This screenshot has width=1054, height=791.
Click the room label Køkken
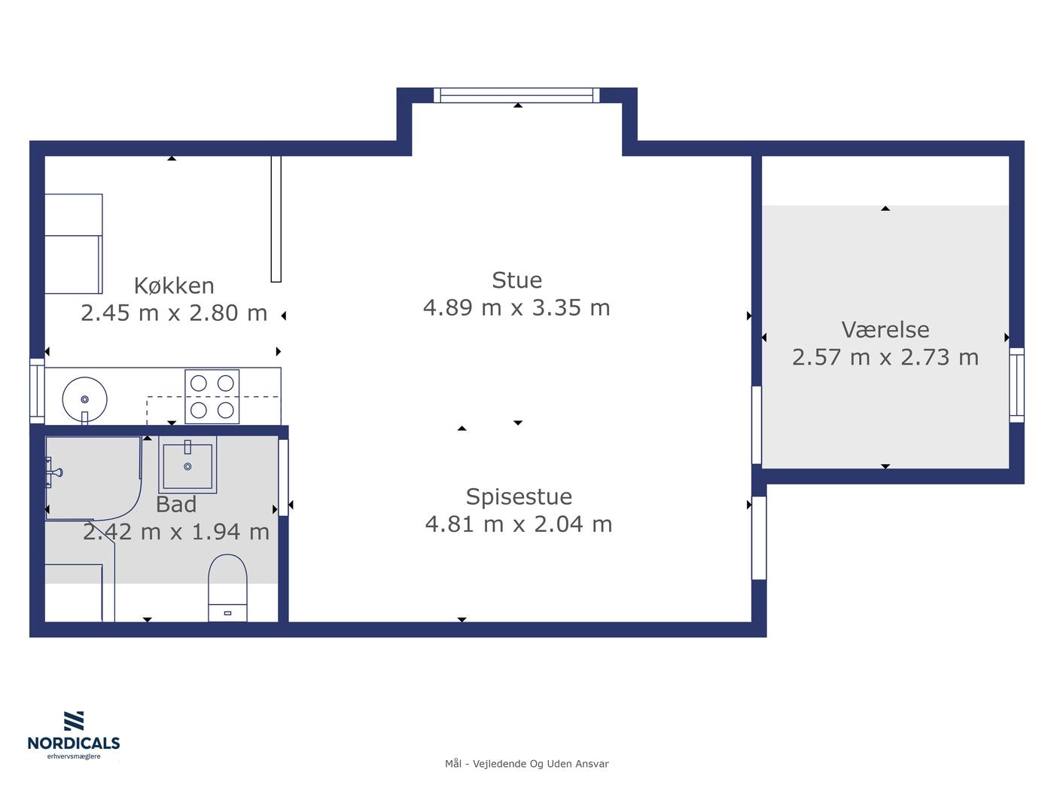coord(174,286)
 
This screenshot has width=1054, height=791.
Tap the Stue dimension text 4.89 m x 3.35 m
coord(516,307)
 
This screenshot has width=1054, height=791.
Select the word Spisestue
coord(519,496)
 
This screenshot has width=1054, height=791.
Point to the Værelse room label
coord(885,330)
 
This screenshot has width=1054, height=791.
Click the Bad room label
coord(176,505)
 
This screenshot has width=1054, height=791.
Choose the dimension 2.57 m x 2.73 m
coord(885,357)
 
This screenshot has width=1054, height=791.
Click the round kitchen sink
coord(84,399)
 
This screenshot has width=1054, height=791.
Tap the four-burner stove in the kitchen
coord(212,397)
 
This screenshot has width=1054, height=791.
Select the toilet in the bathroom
coord(227,588)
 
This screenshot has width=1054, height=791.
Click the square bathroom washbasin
coord(187,465)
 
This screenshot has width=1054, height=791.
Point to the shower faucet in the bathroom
coord(53,472)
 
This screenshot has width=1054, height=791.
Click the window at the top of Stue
coord(516,95)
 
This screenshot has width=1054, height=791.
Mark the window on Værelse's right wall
coord(1016,385)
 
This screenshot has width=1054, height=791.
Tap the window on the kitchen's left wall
coord(37,392)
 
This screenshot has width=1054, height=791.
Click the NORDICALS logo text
coord(74,743)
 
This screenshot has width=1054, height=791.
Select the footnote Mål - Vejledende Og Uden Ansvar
coord(527,763)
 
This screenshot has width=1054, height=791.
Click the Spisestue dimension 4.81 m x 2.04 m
coord(519,524)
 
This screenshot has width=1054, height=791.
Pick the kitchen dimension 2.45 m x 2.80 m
coord(174,313)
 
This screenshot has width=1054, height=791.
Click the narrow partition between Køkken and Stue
coord(276,219)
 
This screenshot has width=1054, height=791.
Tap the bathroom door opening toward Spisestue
coord(283,478)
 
